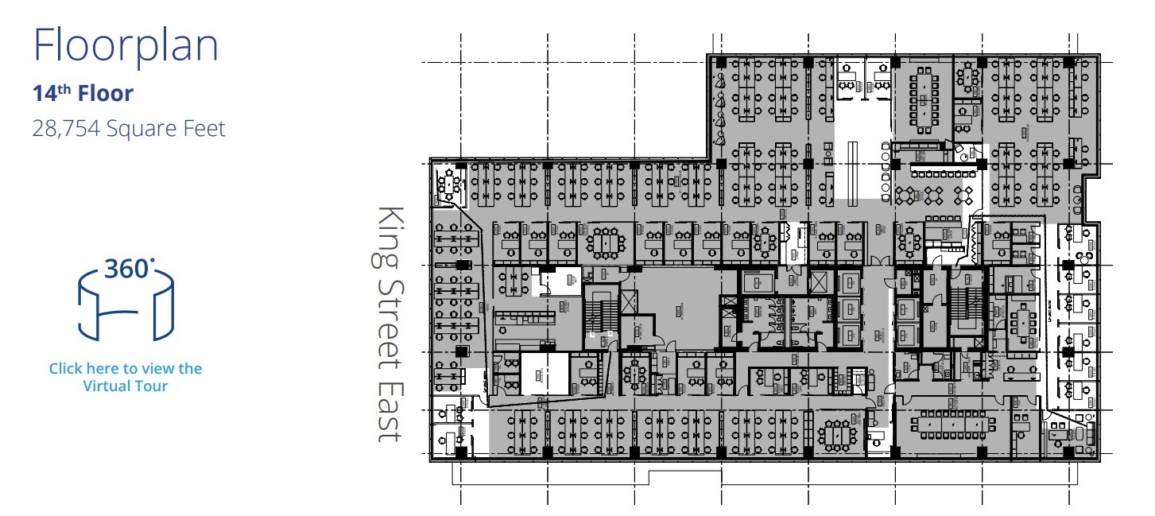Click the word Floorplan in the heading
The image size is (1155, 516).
126,46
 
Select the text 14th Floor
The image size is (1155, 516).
83,94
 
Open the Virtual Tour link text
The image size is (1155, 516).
126,377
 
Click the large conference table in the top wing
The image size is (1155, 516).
924,99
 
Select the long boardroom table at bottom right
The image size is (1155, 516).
951,425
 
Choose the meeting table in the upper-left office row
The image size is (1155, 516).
607,240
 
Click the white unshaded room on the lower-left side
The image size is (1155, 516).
545,373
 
